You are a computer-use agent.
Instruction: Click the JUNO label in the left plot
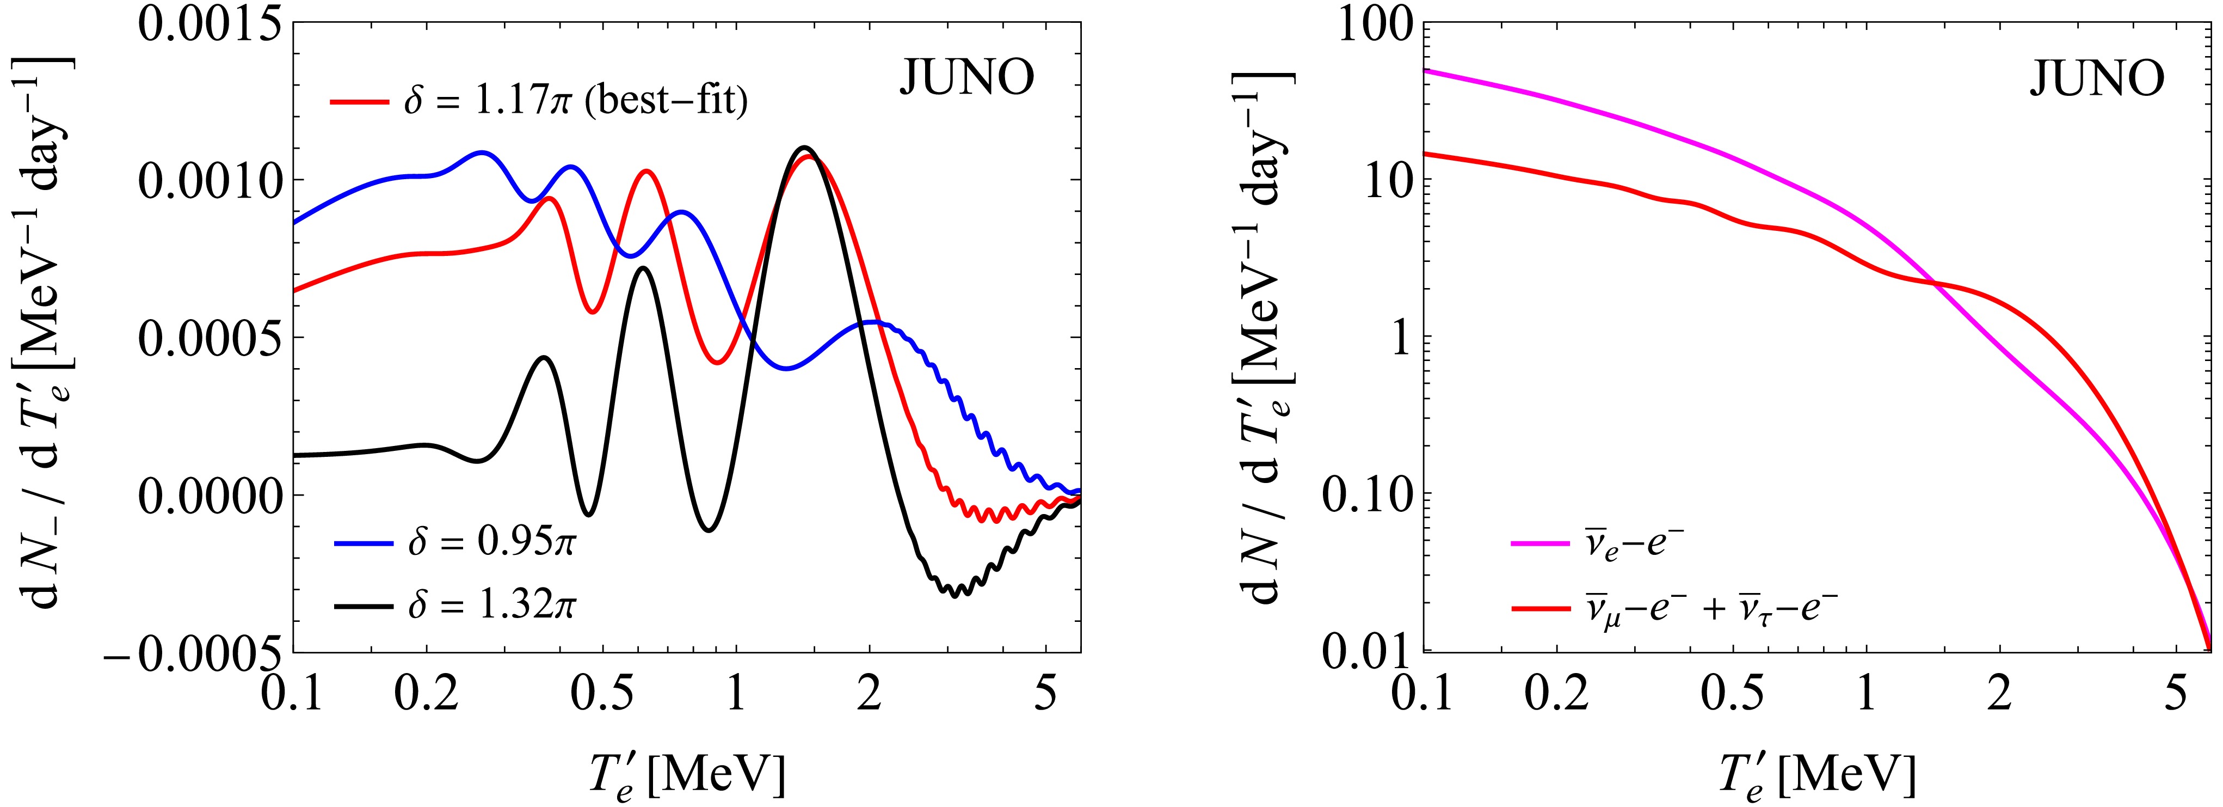pyautogui.click(x=966, y=80)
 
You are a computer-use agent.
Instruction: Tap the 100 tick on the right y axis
pyautogui.click(x=1368, y=23)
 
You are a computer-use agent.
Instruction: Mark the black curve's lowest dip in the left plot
pyautogui.click(x=955, y=596)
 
